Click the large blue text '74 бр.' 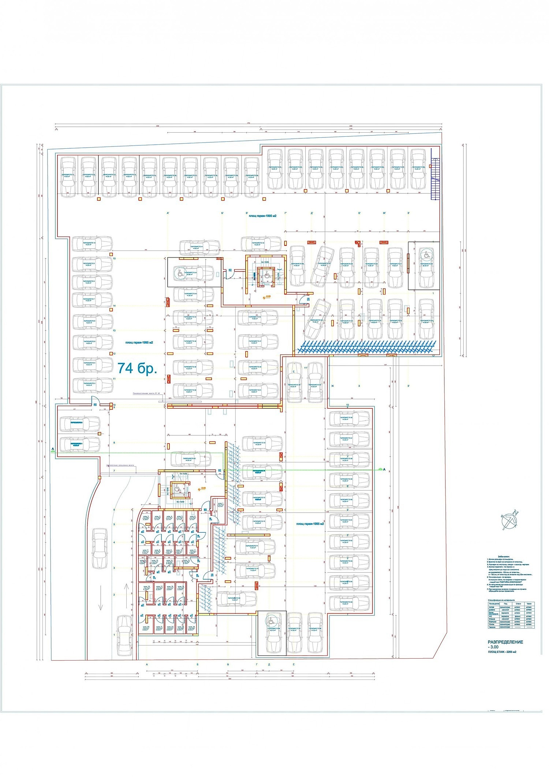tap(137, 368)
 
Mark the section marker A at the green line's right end tap(384, 469)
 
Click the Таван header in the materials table tap(529, 604)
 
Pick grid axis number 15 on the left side tap(114, 259)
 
